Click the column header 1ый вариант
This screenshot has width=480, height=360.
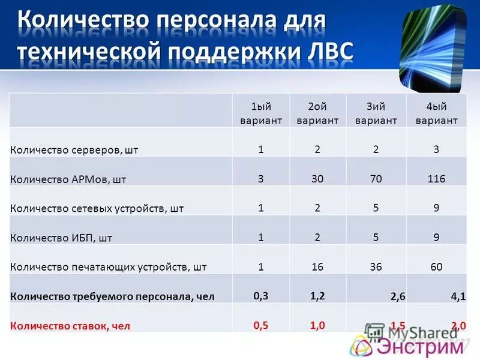click(x=261, y=113)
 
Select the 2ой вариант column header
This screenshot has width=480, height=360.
click(x=318, y=113)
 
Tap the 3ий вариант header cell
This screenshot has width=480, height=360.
click(x=376, y=113)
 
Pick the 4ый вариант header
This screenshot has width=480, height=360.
click(x=436, y=113)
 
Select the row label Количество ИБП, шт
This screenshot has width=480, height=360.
click(x=61, y=238)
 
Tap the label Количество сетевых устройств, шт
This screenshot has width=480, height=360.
click(x=97, y=208)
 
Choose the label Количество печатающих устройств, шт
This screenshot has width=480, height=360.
click(x=109, y=267)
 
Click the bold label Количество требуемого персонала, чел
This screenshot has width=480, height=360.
click(x=112, y=296)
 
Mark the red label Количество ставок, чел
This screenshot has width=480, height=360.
click(x=70, y=326)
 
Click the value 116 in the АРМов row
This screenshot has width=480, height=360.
click(x=436, y=178)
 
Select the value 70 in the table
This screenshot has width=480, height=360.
click(x=376, y=178)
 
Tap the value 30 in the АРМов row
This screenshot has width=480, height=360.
click(x=318, y=178)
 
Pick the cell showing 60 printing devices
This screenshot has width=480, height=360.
click(x=436, y=266)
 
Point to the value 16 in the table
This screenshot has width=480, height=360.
click(x=318, y=266)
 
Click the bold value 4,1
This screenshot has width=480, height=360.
click(x=458, y=295)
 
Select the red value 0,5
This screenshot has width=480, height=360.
click(x=261, y=325)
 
